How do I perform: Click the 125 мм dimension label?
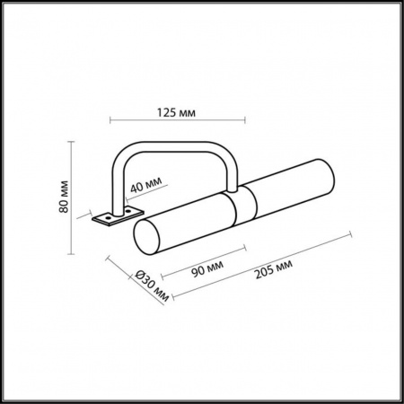point(174,112)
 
